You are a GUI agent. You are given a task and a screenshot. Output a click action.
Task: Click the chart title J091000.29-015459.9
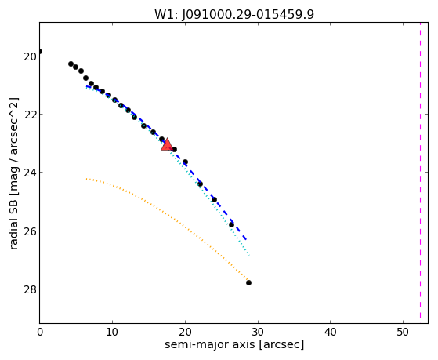click(x=248, y=14)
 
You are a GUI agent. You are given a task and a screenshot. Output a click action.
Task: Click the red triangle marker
click(x=167, y=144)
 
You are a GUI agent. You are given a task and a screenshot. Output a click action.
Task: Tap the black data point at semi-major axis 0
click(x=40, y=52)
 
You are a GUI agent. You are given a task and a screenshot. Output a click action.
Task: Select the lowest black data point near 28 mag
click(x=248, y=283)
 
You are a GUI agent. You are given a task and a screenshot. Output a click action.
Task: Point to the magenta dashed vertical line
click(x=420, y=171)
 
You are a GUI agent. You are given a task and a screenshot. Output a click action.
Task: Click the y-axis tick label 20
click(x=30, y=56)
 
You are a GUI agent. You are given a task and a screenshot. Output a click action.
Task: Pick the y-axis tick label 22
click(x=30, y=115)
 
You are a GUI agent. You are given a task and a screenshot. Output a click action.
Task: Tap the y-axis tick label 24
click(x=30, y=173)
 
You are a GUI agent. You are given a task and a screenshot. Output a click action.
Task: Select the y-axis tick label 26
click(x=30, y=231)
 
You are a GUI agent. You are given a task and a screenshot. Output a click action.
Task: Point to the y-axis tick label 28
click(x=30, y=289)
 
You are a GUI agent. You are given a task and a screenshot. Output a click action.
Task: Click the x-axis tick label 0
click(x=40, y=332)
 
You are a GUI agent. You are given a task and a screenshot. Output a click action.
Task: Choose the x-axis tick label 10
click(x=112, y=332)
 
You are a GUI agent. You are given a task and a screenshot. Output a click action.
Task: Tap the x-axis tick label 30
click(x=258, y=332)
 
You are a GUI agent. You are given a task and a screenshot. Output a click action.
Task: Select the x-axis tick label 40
click(x=330, y=332)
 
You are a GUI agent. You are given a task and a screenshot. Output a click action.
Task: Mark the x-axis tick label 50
click(x=403, y=332)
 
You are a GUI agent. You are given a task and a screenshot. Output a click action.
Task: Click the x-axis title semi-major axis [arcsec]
click(x=234, y=344)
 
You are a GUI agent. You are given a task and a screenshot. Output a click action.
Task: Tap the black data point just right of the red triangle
click(x=174, y=149)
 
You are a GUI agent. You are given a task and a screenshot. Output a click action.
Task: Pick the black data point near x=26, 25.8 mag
click(x=231, y=224)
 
